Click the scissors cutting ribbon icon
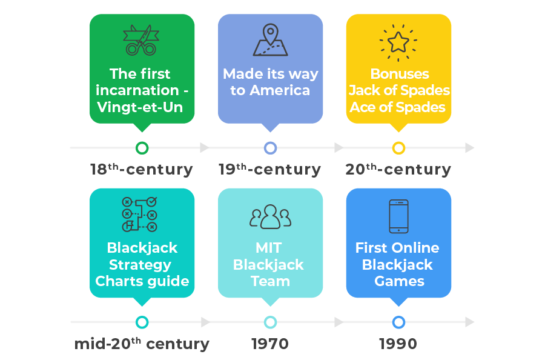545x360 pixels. point(140,40)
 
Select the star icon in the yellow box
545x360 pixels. point(398,41)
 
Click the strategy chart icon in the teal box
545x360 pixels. point(140,214)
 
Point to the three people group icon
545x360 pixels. point(270,216)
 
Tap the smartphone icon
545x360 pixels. point(398,216)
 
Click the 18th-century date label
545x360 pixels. point(142,169)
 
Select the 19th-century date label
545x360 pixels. point(270,169)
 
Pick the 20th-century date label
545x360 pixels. point(398,169)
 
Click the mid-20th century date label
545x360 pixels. point(142,344)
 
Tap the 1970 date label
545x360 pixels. point(270,344)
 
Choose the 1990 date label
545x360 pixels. point(398,344)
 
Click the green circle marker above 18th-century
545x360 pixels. point(142,148)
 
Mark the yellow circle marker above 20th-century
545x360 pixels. point(398,148)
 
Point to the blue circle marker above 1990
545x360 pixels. point(398,322)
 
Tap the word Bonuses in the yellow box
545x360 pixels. point(400,74)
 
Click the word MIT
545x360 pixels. point(270,248)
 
